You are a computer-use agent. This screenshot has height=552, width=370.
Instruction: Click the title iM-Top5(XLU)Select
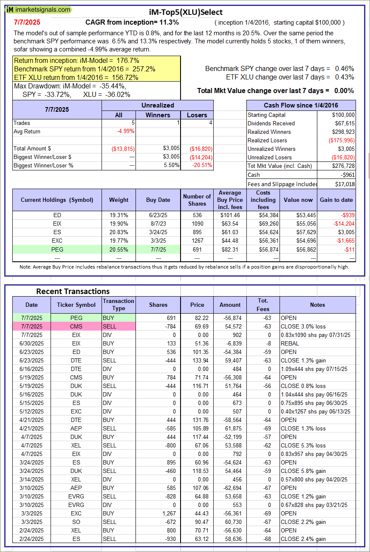(x=186, y=12)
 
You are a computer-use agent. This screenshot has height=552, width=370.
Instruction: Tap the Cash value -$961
(x=347, y=175)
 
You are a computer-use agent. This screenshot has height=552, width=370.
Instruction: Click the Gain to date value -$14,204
(x=344, y=224)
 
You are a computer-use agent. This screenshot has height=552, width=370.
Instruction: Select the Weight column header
(x=119, y=200)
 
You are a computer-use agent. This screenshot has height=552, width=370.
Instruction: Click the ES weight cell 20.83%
(x=119, y=232)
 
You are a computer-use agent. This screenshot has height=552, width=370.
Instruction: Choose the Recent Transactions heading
(x=73, y=292)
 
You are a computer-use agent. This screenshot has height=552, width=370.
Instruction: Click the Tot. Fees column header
(x=263, y=305)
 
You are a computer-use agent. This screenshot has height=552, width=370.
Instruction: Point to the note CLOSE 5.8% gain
(x=303, y=471)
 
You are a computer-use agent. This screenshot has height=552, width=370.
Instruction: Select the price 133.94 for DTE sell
(x=197, y=360)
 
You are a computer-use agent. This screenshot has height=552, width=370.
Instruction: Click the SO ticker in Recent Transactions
(x=76, y=522)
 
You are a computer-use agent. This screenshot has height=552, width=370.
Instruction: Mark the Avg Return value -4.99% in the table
(x=126, y=131)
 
